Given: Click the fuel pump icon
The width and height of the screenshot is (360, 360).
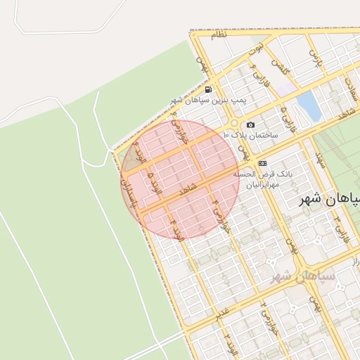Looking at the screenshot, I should (x=209, y=90).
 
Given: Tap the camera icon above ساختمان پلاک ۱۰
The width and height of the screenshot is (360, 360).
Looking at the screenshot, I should (x=251, y=125).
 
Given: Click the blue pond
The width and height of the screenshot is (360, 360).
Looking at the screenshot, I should (x=309, y=105).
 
